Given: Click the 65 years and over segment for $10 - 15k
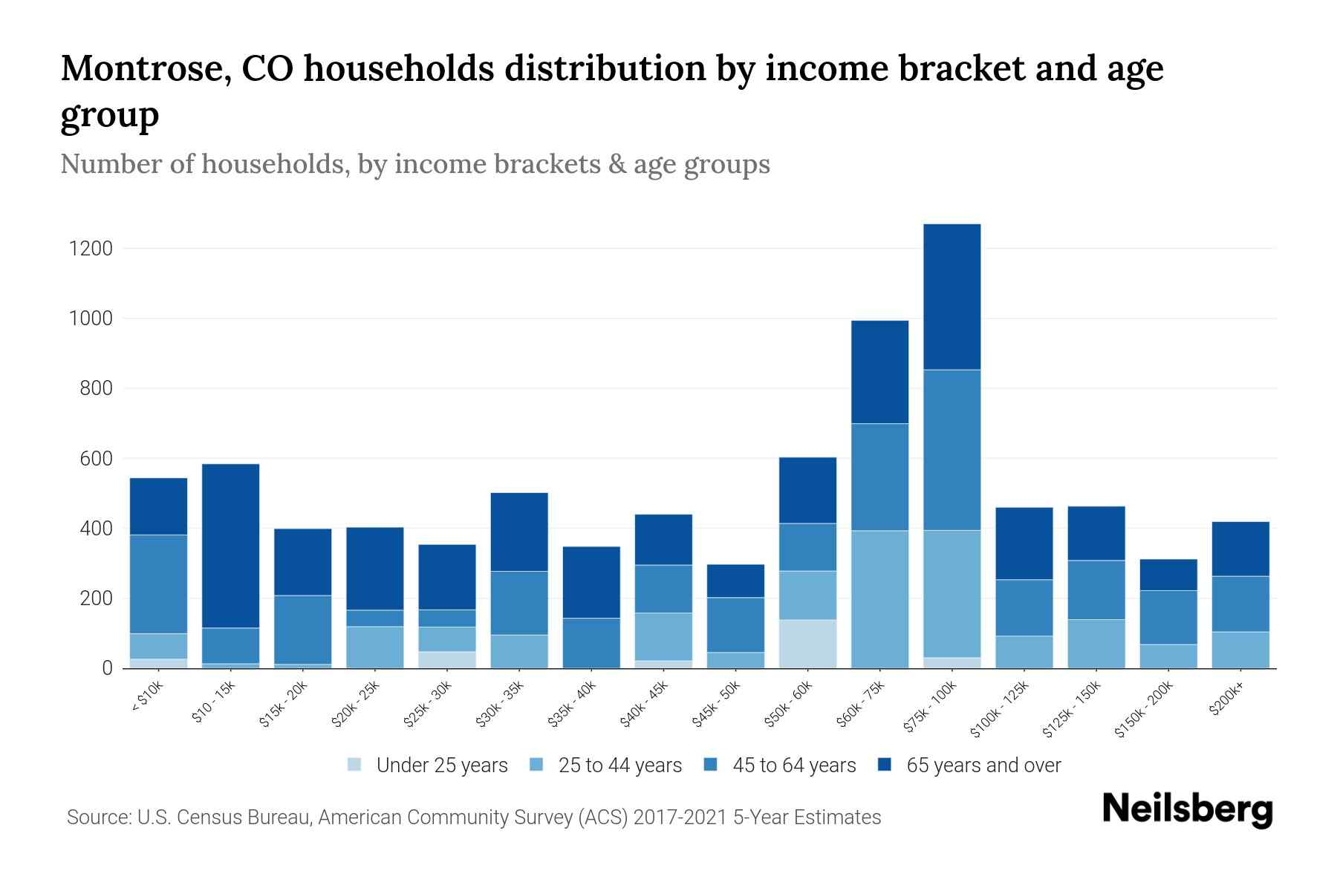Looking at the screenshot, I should pyautogui.click(x=230, y=546).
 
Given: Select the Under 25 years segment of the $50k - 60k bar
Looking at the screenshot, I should pyautogui.click(x=807, y=644).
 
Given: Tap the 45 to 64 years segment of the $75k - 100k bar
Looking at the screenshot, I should pyautogui.click(x=951, y=450).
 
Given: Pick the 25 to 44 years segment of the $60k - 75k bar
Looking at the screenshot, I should pyautogui.click(x=879, y=599).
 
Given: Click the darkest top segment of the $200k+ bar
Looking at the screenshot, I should pyautogui.click(x=1240, y=549).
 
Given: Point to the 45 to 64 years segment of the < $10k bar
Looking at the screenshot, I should pyautogui.click(x=158, y=584).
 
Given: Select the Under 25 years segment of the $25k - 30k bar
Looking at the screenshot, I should pyautogui.click(x=447, y=659).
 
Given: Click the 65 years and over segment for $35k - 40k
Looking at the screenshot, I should pyautogui.click(x=591, y=582).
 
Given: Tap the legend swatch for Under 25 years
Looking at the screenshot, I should pyautogui.click(x=355, y=765).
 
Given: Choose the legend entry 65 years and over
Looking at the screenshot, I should pyautogui.click(x=983, y=765).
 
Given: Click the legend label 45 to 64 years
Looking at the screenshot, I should pyautogui.click(x=793, y=765).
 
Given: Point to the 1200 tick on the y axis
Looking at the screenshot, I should pyautogui.click(x=91, y=249).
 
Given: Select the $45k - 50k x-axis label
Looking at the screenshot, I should pyautogui.click(x=717, y=705).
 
